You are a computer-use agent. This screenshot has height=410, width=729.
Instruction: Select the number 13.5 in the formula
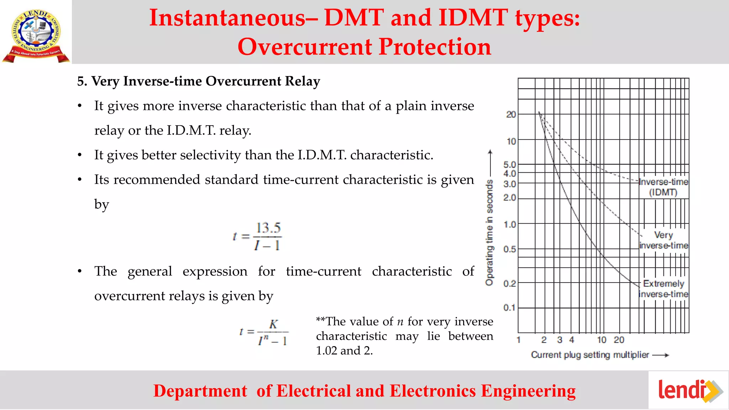(268, 228)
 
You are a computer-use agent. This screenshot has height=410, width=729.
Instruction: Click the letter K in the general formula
(273, 324)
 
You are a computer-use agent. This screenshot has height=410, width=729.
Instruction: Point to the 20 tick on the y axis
(511, 115)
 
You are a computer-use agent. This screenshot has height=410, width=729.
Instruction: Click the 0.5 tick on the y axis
(509, 249)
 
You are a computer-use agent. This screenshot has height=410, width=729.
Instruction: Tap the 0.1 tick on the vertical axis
(509, 307)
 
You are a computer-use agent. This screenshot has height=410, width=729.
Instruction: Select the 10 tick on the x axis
(602, 340)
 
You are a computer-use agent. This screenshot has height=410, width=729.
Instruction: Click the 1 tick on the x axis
(519, 340)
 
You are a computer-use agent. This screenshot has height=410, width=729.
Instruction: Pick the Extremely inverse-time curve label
(664, 289)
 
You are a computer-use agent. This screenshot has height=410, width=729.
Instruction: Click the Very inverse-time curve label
(664, 240)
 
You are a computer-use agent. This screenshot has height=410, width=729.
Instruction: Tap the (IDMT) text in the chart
(663, 193)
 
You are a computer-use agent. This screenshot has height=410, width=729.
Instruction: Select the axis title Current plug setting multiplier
(590, 355)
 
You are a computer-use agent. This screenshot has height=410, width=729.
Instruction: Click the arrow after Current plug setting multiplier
(661, 355)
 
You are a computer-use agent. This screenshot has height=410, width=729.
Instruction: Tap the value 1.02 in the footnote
(326, 351)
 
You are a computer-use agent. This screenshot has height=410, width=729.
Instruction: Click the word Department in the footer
(200, 391)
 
